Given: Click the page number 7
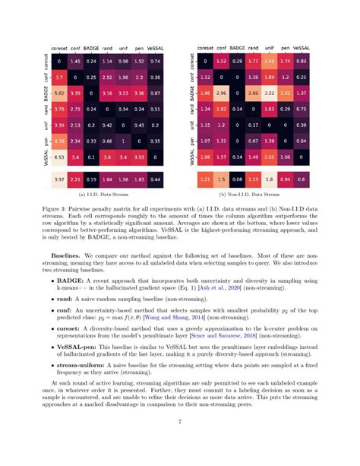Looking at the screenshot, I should [x=180, y=445].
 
